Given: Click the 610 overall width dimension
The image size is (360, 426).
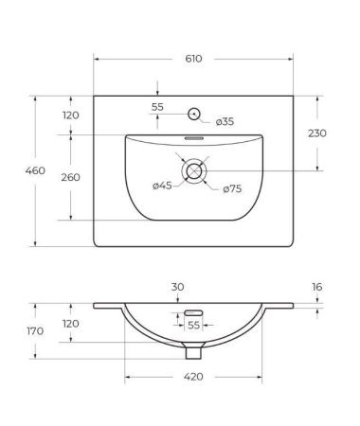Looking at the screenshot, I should [193, 59].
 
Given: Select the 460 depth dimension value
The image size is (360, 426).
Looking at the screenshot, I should [15, 170].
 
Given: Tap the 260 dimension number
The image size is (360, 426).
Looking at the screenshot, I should [71, 177].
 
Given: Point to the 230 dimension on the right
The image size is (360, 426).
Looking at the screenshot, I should [317, 133].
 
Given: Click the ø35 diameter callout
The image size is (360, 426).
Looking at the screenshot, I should [225, 121].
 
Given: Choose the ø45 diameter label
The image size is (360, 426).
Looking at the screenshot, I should [163, 186].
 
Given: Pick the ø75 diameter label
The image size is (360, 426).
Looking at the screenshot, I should [232, 189].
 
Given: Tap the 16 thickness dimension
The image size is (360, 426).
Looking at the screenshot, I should [317, 286].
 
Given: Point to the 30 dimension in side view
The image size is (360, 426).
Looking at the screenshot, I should [177, 287].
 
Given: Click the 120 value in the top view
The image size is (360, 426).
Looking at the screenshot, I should [71, 115].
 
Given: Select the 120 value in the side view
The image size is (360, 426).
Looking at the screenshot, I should [71, 323].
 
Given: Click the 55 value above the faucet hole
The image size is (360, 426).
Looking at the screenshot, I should [157, 107].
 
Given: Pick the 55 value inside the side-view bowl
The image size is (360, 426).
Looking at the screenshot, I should [193, 325].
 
